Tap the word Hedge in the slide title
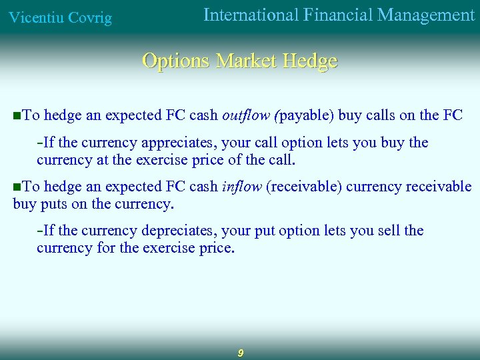point(310,61)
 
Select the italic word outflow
point(243,115)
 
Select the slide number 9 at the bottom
point(240,353)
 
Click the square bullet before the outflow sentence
point(17,116)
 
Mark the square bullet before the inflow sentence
point(17,187)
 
